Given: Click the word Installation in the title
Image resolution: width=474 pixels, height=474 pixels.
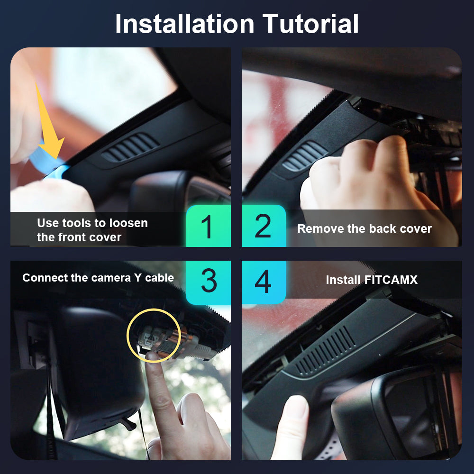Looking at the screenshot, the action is pos(185,24).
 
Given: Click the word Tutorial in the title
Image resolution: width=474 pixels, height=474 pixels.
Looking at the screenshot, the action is pos(310,24).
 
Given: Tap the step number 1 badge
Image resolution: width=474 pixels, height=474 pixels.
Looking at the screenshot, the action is pos(208,226).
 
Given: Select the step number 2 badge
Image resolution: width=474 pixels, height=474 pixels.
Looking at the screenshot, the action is pos(264,226).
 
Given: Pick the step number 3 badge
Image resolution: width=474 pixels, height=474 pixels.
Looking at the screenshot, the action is pos(208,282).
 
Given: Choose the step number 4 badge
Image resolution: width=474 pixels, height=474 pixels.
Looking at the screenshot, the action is pos(264,282).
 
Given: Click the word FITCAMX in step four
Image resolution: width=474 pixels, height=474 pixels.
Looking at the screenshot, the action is pos(391,280).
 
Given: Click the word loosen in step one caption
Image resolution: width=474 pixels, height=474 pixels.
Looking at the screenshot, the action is pos(128,223).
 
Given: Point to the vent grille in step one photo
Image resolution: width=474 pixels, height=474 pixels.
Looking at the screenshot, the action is pos(130,147).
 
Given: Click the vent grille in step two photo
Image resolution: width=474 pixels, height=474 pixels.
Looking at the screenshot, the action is pos(304,155).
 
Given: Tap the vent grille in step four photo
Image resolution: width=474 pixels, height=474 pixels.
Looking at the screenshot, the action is pos(325,351).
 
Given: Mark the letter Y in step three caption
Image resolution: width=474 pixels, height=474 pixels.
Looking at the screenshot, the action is pos(137,278).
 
